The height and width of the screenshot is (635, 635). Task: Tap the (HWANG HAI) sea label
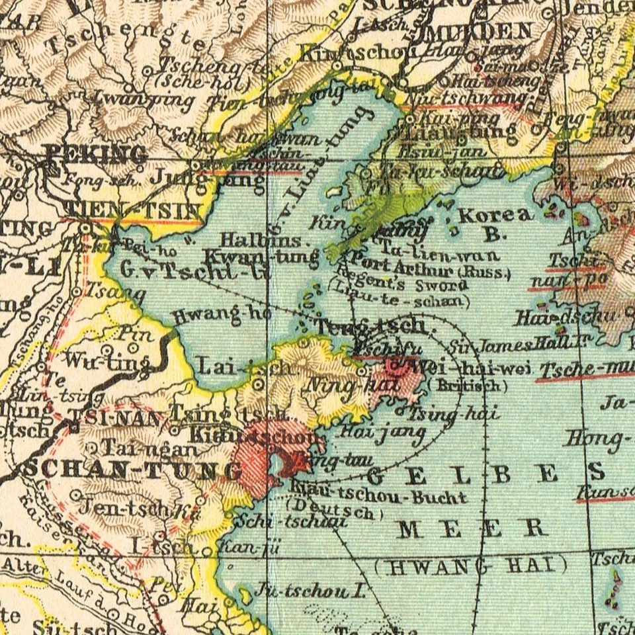[x=471, y=566]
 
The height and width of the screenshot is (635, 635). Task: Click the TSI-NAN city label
[x=116, y=418]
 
